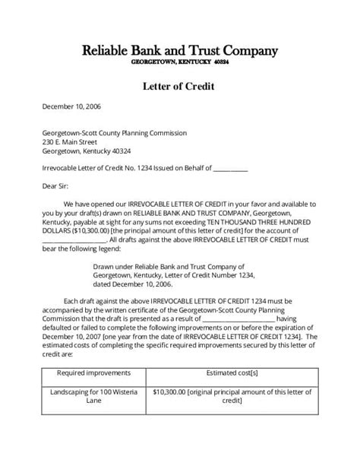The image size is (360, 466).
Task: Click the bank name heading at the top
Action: coord(179,51)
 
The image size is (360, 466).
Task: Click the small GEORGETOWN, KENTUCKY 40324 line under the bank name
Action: coord(180,62)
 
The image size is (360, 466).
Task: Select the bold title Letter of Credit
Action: coord(179,86)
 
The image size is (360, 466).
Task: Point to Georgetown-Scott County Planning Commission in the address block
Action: coord(114,132)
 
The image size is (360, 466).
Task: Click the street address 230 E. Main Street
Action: coord(70,141)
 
